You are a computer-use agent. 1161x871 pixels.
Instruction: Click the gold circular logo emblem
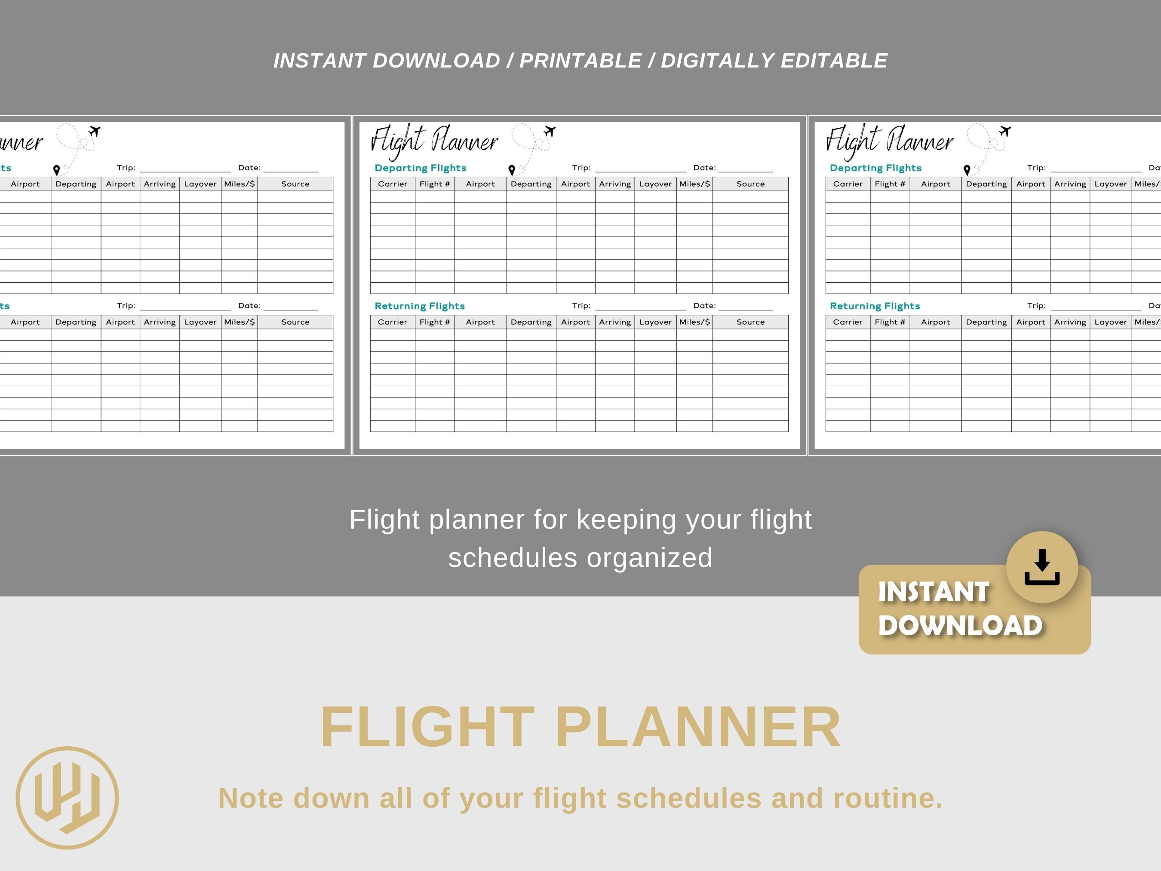point(67,797)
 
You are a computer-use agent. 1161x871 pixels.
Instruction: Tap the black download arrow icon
point(1042,567)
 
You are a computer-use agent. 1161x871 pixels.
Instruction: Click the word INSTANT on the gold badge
point(934,592)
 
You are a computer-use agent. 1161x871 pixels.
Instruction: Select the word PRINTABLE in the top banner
point(580,61)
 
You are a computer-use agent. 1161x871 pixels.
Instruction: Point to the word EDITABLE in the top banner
point(834,61)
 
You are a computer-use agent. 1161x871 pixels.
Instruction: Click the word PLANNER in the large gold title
point(698,728)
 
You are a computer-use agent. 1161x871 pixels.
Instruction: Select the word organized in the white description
point(650,557)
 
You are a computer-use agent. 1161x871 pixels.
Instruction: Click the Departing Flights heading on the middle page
point(421,168)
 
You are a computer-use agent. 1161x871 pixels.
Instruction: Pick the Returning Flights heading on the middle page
point(420,306)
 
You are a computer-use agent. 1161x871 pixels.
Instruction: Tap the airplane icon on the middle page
point(550,131)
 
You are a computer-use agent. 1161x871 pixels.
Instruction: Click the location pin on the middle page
point(512,169)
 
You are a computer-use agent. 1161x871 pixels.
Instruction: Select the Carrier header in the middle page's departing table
point(393,184)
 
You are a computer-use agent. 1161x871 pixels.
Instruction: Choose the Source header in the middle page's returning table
point(750,322)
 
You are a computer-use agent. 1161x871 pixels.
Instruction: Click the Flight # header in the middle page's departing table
point(435,184)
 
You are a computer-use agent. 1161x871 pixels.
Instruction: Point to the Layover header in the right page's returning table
point(1111,322)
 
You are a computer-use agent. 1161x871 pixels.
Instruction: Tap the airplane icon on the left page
point(95,131)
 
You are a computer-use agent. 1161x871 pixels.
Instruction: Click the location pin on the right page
point(967,169)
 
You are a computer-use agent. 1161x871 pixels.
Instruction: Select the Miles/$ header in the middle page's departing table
point(694,184)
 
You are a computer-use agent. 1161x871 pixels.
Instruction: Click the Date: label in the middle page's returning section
point(704,305)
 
